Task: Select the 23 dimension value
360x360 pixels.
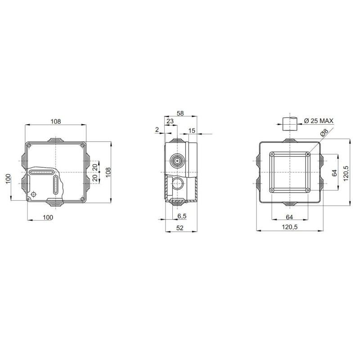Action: tap(171, 121)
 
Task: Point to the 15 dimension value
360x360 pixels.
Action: tap(192, 130)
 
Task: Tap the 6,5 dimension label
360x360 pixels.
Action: tap(182, 216)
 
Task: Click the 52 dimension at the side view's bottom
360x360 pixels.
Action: tap(180, 228)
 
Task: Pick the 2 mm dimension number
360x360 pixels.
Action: tap(157, 130)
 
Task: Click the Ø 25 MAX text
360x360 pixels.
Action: tap(319, 121)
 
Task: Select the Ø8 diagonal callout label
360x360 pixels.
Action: tap(324, 134)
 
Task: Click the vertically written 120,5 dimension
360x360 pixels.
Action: tap(346, 173)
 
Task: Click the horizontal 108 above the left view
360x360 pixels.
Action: tap(55, 121)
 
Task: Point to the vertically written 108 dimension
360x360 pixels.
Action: tap(108, 172)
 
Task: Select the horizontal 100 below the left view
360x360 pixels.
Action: tap(48, 217)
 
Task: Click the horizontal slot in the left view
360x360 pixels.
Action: tap(42, 172)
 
